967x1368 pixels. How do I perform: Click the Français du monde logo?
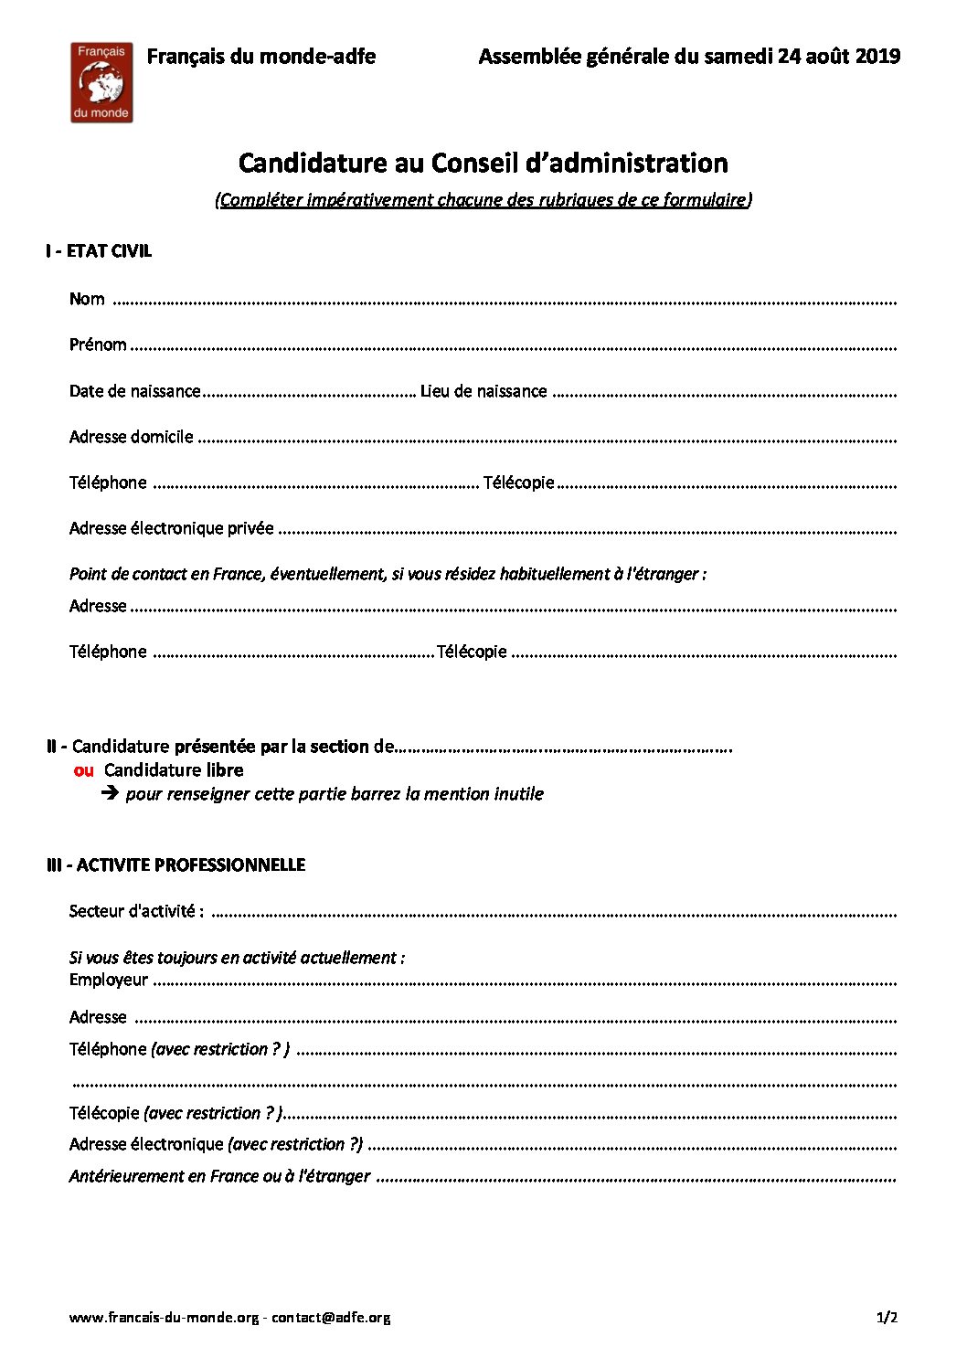pyautogui.click(x=101, y=82)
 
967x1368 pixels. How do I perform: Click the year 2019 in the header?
pyautogui.click(x=877, y=57)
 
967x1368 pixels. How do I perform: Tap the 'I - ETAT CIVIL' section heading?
pyautogui.click(x=99, y=251)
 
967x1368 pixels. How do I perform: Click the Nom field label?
pyautogui.click(x=87, y=300)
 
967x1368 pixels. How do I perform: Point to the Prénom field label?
pyautogui.click(x=98, y=345)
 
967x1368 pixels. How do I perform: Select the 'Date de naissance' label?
pyautogui.click(x=134, y=391)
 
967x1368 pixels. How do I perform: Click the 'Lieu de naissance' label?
pyautogui.click(x=483, y=391)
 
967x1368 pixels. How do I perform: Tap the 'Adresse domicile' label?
pyautogui.click(x=131, y=437)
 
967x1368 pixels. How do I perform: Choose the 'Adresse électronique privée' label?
pyautogui.click(x=171, y=528)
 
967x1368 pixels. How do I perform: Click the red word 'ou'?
pyautogui.click(x=83, y=770)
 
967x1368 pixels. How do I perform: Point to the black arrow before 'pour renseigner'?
pyautogui.click(x=110, y=793)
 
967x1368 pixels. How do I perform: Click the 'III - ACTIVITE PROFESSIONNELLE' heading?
pyautogui.click(x=175, y=864)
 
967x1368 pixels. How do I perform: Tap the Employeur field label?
pyautogui.click(x=108, y=980)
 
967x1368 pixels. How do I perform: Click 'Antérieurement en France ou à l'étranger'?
pyautogui.click(x=219, y=1176)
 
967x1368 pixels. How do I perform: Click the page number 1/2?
pyautogui.click(x=887, y=1318)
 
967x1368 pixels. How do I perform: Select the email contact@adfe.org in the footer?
pyautogui.click(x=331, y=1318)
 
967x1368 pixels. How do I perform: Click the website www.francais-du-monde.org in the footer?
pyautogui.click(x=165, y=1318)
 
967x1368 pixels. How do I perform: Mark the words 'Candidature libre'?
pyautogui.click(x=174, y=770)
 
